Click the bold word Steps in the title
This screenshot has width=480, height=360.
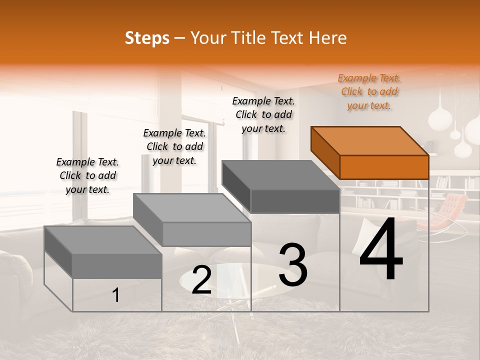point(147,38)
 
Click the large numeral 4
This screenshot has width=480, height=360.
point(381,250)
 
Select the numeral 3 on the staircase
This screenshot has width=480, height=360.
point(292,264)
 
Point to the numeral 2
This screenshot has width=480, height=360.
point(202,280)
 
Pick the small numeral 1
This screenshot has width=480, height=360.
point(116,295)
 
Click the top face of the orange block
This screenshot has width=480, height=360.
point(369,140)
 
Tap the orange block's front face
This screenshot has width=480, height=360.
point(384,167)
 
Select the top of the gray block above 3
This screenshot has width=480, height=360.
point(280,175)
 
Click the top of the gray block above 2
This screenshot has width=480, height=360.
point(191,207)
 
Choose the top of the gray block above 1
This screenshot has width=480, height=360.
point(103,240)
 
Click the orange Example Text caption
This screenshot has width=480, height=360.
point(369,91)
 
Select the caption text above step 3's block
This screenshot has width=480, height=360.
point(263,114)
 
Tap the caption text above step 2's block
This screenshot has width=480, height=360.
point(174,146)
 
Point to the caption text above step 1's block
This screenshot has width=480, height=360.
point(87,175)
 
